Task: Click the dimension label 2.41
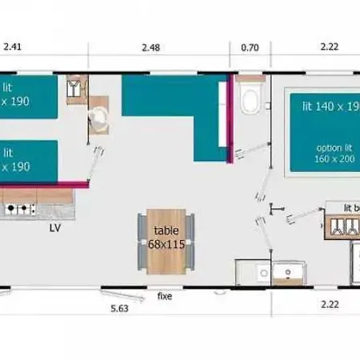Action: click(x=11, y=47)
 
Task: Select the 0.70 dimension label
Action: click(x=250, y=47)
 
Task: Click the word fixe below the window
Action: click(x=164, y=296)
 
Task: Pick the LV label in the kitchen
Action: click(x=55, y=227)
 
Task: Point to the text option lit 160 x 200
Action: click(x=334, y=154)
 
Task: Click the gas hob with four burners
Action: click(x=20, y=210)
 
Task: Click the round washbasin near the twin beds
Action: click(x=99, y=118)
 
